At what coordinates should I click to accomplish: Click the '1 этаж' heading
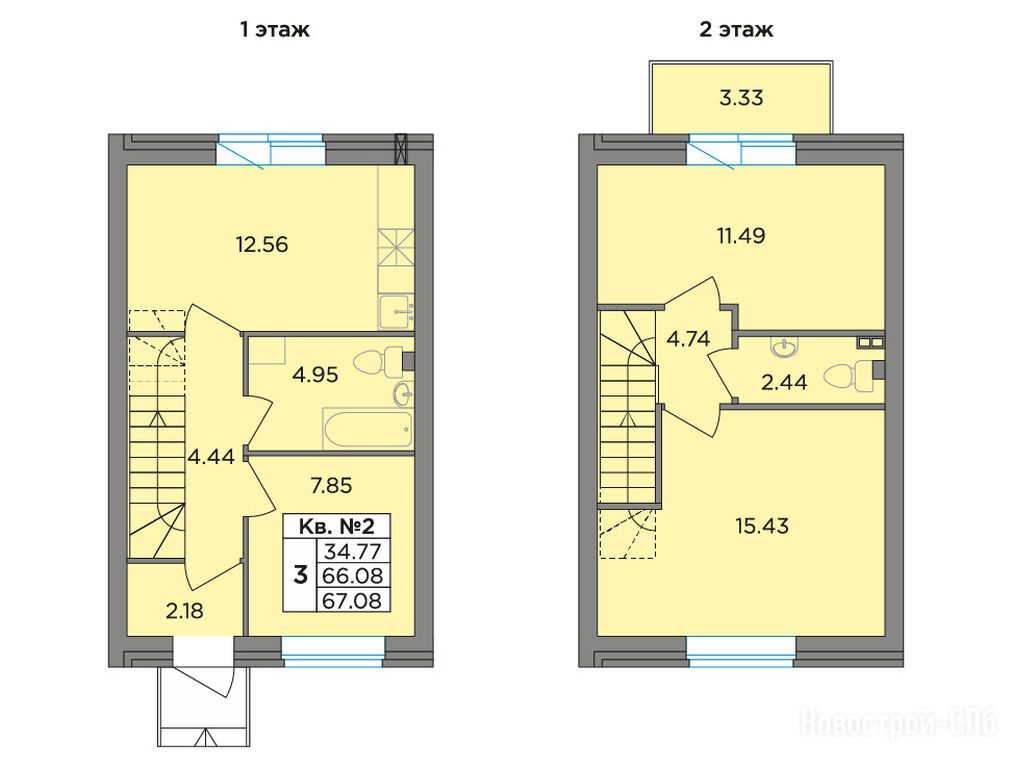tap(275, 30)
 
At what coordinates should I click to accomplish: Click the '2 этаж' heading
tap(736, 30)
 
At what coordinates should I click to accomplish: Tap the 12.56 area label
tap(262, 245)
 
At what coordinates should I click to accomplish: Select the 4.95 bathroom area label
tap(315, 374)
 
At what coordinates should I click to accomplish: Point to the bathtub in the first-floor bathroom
tap(367, 429)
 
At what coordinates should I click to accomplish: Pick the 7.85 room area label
tap(331, 485)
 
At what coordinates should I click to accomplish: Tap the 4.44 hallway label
tap(211, 457)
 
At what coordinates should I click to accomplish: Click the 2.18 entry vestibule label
tap(185, 610)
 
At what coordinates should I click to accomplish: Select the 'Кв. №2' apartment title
tap(337, 526)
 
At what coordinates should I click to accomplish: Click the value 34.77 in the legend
tap(352, 552)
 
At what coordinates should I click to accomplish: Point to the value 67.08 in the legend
tap(352, 600)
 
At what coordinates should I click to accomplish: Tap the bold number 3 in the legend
tap(300, 574)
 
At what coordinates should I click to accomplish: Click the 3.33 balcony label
tap(741, 97)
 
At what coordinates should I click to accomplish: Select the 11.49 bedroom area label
tap(741, 236)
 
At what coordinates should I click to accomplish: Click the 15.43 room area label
tap(762, 526)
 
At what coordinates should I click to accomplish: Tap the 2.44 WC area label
tap(784, 383)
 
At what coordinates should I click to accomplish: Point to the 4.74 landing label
tap(688, 339)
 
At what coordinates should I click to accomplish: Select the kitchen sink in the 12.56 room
tap(396, 312)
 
